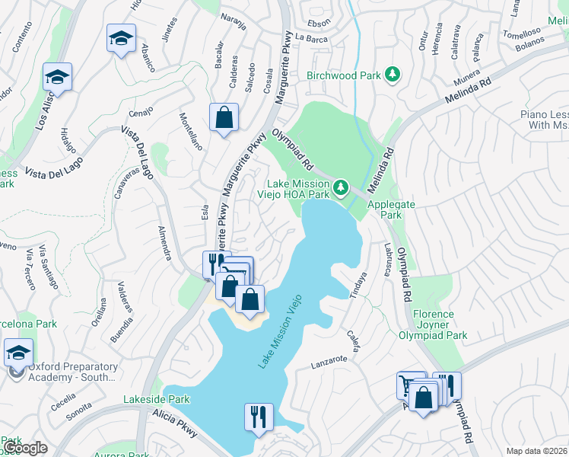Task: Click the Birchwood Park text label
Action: [342, 75]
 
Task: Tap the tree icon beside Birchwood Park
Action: [392, 75]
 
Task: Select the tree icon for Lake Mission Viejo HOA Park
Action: [342, 186]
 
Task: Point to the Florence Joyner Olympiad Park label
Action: [434, 324]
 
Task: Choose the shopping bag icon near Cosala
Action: [224, 118]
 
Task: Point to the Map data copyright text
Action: [536, 451]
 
